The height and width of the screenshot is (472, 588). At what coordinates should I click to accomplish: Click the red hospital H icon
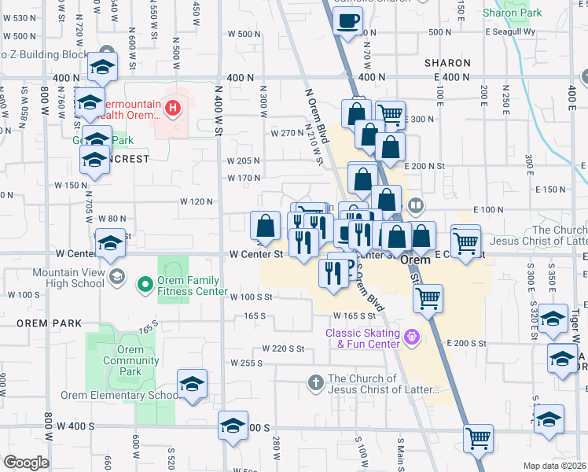coord(169,106)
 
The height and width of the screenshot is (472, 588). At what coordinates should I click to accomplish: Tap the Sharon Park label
coord(512,13)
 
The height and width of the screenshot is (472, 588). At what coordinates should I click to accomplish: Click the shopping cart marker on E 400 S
coord(478,438)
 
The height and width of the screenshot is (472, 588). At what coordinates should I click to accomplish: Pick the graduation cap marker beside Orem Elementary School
coord(192,385)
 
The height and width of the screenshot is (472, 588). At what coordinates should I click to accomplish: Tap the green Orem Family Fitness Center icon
coord(145,284)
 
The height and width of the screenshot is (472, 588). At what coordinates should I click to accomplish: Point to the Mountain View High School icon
coord(117,276)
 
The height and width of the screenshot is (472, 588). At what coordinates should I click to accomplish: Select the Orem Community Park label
coord(131,356)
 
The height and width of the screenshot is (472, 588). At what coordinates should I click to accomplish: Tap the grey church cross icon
coord(314,383)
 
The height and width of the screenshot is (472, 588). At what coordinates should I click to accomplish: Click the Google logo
coord(26,463)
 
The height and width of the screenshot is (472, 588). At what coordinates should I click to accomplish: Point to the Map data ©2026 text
coord(554,466)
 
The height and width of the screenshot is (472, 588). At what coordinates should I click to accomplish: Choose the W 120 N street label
coord(197,201)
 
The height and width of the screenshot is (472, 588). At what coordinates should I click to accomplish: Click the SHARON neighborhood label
coord(447,63)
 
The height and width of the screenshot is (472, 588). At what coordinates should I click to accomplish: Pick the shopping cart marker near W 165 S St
coord(428,298)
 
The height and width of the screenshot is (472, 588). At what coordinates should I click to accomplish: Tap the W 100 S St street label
coord(251,297)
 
